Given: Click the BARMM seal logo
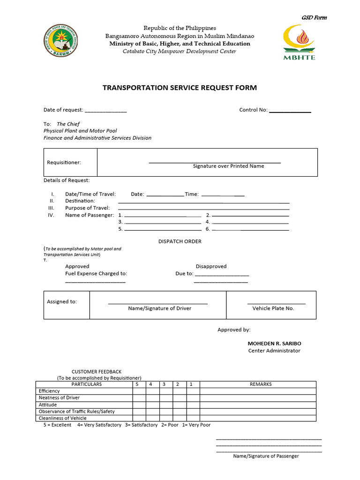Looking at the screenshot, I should point(61,41).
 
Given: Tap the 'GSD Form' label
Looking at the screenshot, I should point(314,18).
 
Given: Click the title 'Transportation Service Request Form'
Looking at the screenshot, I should point(180,88).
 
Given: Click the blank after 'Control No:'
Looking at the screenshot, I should point(290,111).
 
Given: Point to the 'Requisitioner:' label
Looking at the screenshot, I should point(64,163).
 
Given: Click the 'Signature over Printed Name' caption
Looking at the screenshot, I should point(228,166).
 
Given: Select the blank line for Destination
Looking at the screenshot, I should point(203,202).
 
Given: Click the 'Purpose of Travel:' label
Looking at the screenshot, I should point(87,208).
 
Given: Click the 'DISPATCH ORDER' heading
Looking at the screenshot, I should point(180,242).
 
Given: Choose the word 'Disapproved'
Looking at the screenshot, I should point(211,267).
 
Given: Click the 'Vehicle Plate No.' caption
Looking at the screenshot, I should point(273,308).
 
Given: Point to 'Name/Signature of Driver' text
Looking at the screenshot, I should point(160,308).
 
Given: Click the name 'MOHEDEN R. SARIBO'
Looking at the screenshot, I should point(274,344).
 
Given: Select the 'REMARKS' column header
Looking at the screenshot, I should point(261,384).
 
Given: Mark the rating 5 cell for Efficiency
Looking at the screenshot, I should point(139,391).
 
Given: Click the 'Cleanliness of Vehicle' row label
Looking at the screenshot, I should point(62,418).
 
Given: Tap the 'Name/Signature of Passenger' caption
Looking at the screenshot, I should point(266,456).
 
